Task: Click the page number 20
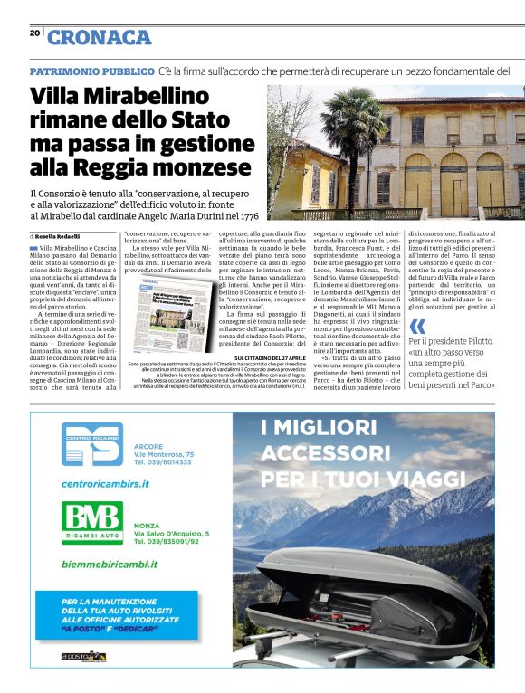click(x=34, y=33)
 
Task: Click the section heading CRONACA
click(x=100, y=37)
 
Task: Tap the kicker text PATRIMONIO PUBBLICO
click(x=91, y=71)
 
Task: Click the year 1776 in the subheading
click(x=243, y=216)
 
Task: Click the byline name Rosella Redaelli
click(x=60, y=236)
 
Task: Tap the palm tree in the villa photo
click(x=357, y=131)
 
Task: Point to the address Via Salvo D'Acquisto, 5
click(x=171, y=534)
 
